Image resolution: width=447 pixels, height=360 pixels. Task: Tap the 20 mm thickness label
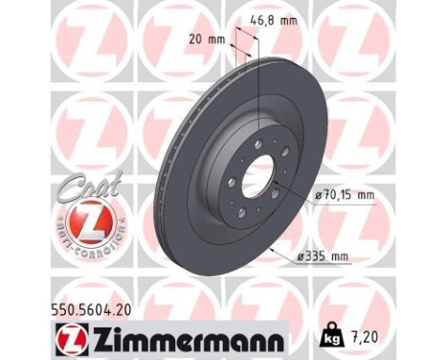[x=209, y=41]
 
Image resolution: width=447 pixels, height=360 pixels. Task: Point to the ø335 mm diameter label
[x=326, y=257]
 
